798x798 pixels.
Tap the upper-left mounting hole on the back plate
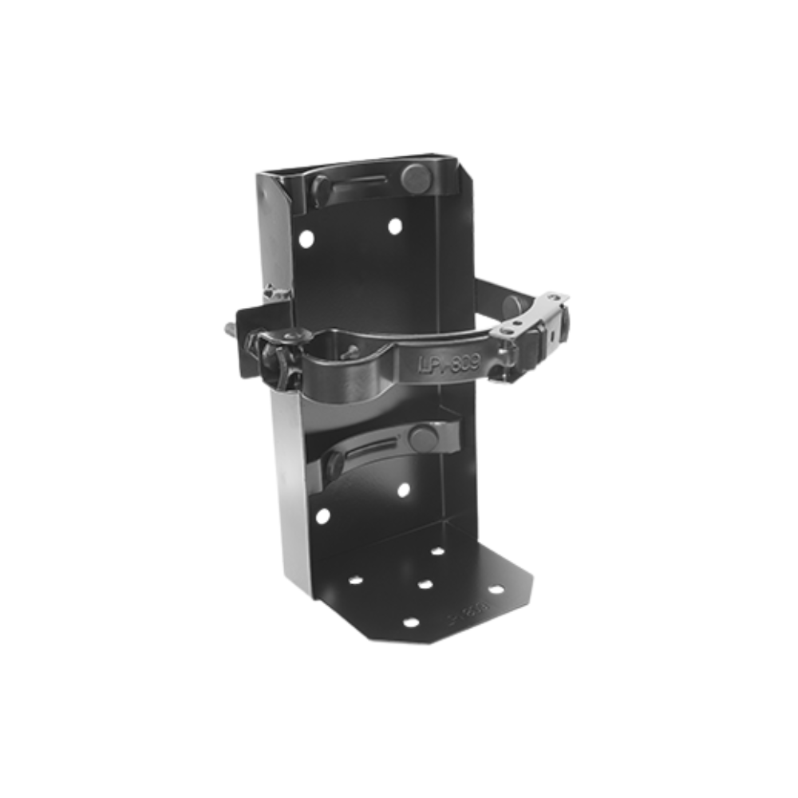tap(306, 237)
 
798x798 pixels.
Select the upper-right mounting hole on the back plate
tap(395, 226)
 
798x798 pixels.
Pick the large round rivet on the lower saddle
tap(423, 437)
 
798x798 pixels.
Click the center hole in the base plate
tap(425, 584)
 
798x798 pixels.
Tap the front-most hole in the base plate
tap(410, 622)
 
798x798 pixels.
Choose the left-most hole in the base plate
tap(355, 579)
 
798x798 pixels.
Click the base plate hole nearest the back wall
tap(437, 551)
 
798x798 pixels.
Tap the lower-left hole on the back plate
tap(322, 516)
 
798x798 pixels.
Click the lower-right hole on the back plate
tap(403, 489)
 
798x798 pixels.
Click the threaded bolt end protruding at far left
tap(229, 328)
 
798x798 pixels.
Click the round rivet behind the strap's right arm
tap(511, 304)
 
